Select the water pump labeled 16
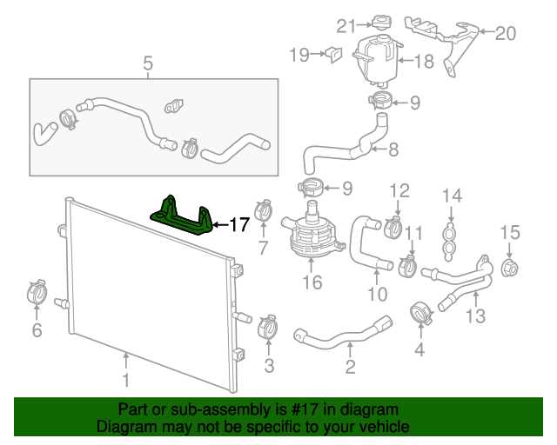[x=308, y=237]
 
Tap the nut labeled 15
[x=509, y=267]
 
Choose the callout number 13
[x=475, y=315]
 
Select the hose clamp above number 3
[x=269, y=328]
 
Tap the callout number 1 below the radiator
[x=125, y=380]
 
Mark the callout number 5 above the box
[x=148, y=63]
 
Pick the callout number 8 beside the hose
[x=393, y=149]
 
